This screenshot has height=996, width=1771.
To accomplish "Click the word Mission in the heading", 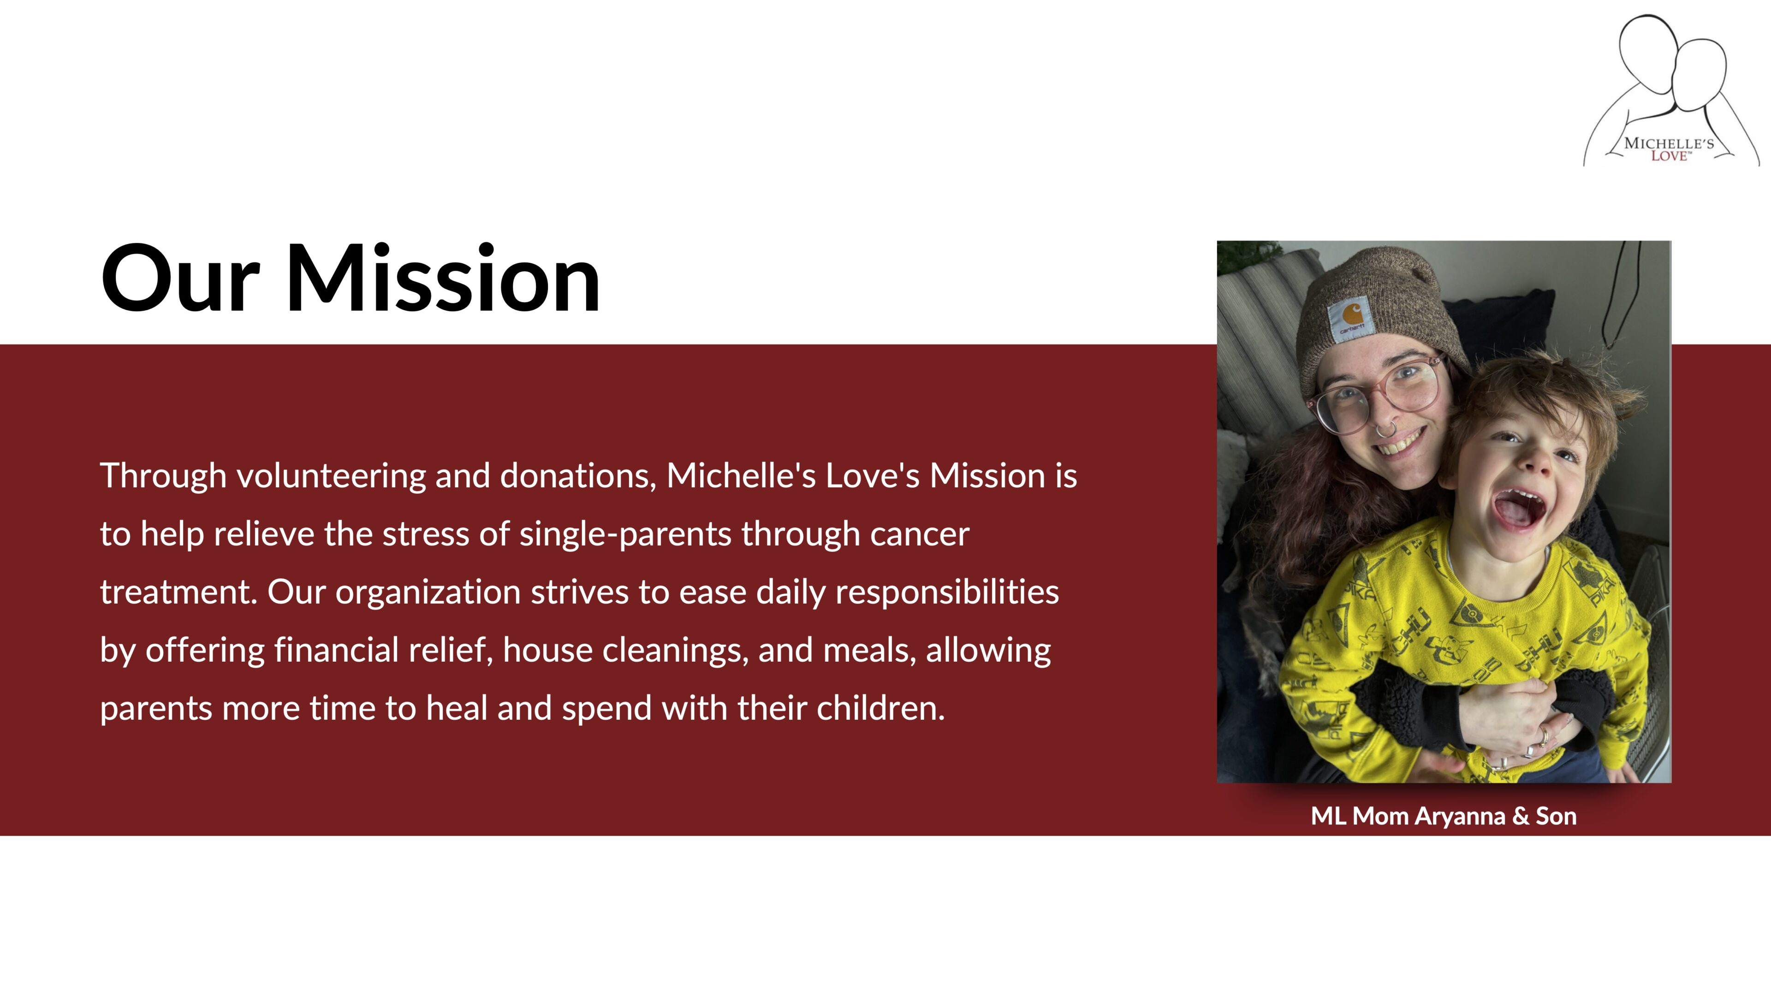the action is tap(443, 279).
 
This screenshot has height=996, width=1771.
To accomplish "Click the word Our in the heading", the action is tap(180, 279).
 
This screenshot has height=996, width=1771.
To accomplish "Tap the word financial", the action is tap(336, 650).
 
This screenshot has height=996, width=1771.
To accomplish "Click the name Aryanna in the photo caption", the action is tap(1460, 817).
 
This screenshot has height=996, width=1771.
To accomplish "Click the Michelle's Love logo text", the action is tap(1669, 149).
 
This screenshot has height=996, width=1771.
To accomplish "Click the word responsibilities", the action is tap(947, 593).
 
